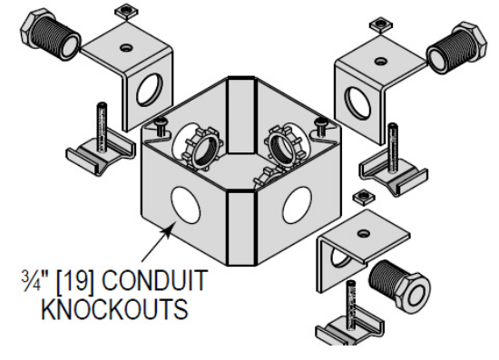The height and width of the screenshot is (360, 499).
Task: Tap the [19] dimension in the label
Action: [94, 285]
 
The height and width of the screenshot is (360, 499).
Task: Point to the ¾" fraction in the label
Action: [52, 284]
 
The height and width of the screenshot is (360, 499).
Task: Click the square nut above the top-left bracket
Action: [122, 12]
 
